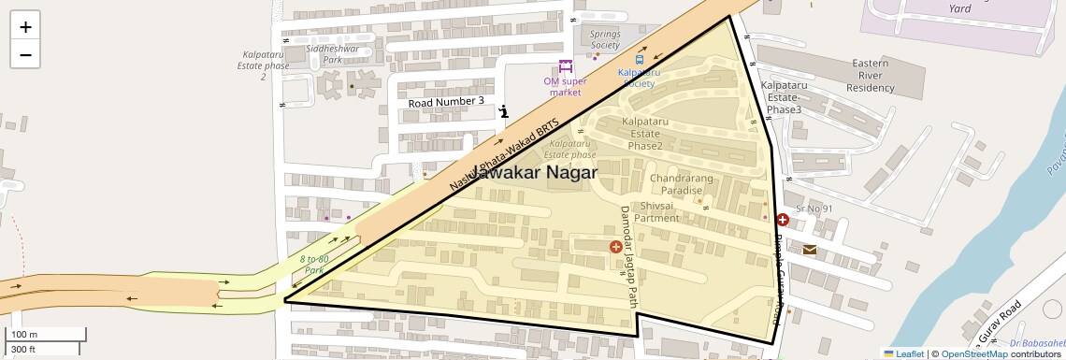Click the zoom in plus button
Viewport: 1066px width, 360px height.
25,27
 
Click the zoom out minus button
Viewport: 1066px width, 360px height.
25,54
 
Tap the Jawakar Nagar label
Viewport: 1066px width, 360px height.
533,174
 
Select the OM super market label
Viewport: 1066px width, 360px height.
565,86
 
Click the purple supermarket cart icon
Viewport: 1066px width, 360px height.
565,66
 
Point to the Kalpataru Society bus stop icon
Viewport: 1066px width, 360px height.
640,60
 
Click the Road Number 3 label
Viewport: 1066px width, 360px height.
446,101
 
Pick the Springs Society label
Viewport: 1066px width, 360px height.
605,39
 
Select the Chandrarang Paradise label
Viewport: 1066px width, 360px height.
689,183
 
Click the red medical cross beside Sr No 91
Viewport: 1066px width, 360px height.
783,221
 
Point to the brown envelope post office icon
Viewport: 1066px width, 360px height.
809,250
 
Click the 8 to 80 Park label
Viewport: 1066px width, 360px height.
314,264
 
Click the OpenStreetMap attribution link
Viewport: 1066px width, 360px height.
973,353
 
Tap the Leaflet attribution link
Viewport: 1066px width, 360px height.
903,353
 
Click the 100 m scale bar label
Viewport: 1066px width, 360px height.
24,335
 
